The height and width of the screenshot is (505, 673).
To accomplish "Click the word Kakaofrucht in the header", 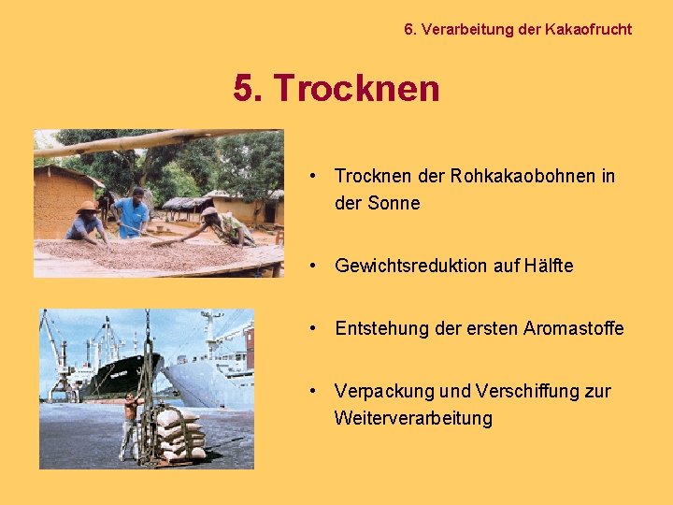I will coord(587,29).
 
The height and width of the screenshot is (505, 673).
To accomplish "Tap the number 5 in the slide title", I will coord(245,90).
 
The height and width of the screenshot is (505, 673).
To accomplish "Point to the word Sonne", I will coord(394,203).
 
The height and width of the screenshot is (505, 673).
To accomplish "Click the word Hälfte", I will coord(547,266).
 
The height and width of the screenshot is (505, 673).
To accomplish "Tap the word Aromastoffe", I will coord(573,328).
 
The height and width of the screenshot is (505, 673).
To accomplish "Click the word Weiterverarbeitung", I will coord(413,418).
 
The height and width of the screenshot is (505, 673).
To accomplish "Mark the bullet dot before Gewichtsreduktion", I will coord(316,266).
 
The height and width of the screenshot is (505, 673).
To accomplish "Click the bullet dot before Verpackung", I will coord(316,391).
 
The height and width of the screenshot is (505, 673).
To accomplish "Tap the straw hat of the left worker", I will coord(87,207).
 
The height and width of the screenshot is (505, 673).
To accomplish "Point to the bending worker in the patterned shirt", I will coord(221,224).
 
